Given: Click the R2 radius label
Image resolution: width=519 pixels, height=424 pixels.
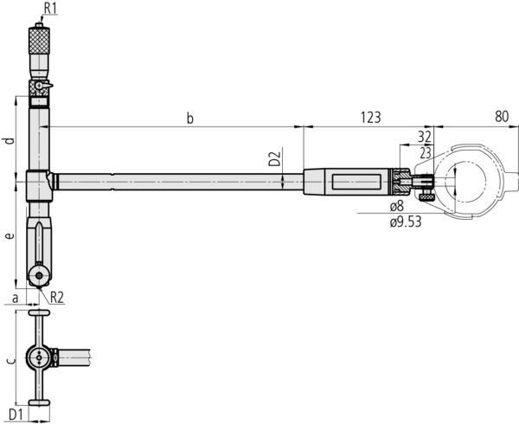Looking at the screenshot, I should point(56,297).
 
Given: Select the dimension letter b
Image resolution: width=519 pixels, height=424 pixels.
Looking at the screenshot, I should point(189,118).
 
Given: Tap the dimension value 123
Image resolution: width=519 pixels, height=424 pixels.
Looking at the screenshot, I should point(370,117).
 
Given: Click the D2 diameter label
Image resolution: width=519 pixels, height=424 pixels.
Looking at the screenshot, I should point(273,159).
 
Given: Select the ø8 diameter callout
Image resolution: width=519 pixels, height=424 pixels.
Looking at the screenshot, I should point(397,208).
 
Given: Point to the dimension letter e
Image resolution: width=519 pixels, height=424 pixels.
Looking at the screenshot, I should point(8,235).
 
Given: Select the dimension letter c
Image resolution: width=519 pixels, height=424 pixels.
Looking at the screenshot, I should point(9,359).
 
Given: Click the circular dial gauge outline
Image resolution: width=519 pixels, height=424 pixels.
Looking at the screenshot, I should point(471,180).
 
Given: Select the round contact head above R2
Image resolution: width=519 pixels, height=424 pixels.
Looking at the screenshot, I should point(39,275).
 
